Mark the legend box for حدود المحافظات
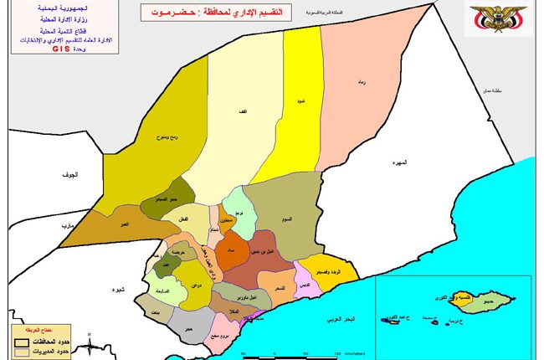18,343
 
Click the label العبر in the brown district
124,226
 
